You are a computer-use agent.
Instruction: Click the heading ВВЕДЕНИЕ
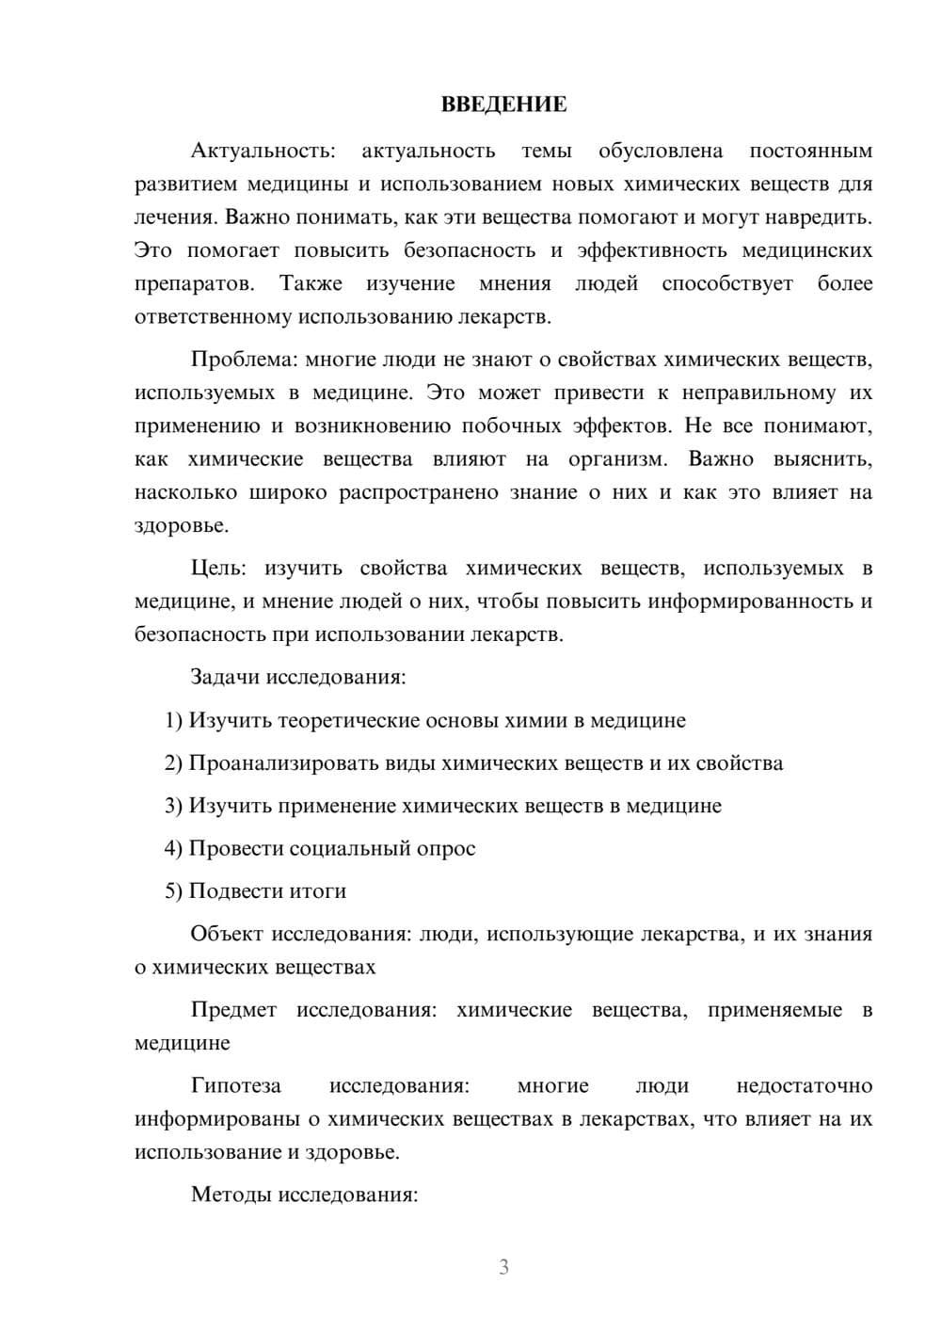point(503,104)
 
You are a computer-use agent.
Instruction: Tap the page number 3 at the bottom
point(503,1267)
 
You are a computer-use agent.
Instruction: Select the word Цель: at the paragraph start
point(218,569)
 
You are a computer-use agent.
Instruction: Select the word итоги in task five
point(315,891)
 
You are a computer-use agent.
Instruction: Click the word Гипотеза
point(235,1086)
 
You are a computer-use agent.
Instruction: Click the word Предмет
point(233,1010)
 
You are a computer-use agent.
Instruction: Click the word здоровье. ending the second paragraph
point(181,526)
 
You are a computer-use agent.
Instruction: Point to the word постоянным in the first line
point(810,151)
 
